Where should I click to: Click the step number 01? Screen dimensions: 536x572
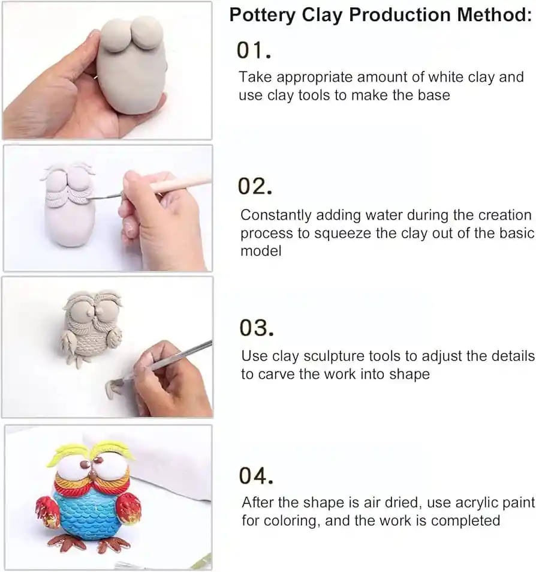click(254, 50)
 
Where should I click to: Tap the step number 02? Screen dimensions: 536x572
click(255, 187)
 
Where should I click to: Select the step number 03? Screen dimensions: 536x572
click(257, 327)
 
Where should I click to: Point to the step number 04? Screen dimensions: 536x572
click(256, 475)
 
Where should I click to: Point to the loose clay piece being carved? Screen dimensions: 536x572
click(114, 388)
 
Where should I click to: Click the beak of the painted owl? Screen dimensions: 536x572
click(94, 475)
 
